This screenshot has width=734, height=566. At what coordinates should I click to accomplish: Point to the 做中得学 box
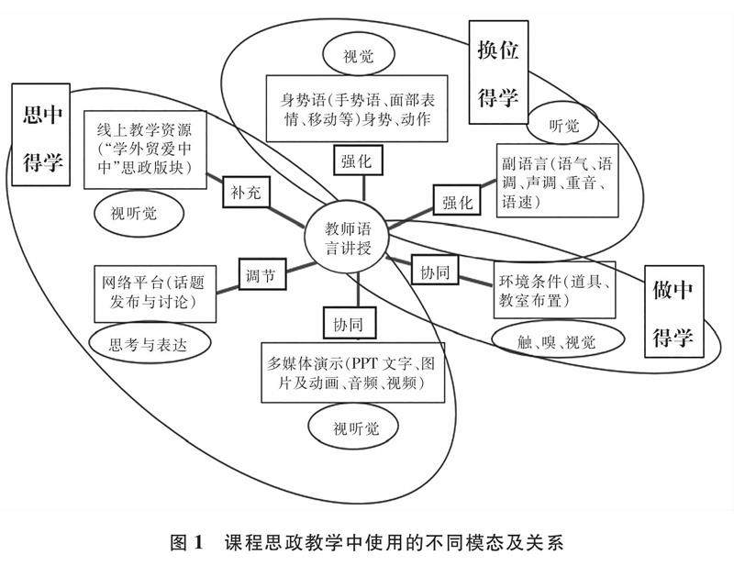pos(675,311)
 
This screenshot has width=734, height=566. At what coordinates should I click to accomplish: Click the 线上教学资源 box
pos(141,151)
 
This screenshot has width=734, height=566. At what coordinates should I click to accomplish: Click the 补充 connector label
pos(244,194)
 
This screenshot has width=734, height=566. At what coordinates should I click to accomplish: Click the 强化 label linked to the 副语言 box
pos(455,200)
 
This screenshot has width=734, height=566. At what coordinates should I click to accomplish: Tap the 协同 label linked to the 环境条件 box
pos(434,273)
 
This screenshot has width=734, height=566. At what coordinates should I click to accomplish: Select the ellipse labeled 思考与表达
pos(150,344)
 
